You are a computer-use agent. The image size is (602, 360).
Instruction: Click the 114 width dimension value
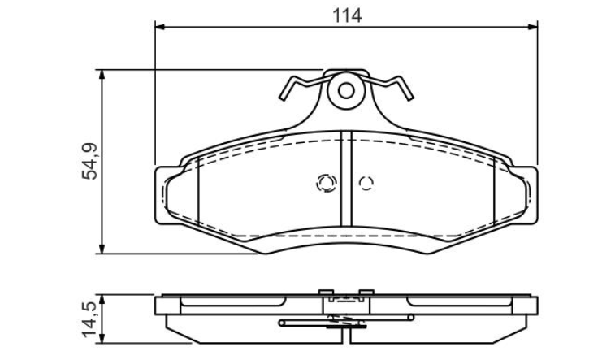(347, 15)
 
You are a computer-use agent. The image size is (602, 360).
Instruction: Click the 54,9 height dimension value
(91, 161)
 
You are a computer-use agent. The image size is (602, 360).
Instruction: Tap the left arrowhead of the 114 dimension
(159, 27)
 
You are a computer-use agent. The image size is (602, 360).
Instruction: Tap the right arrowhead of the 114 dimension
(533, 27)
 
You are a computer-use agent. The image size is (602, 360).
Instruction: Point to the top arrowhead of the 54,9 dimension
(102, 74)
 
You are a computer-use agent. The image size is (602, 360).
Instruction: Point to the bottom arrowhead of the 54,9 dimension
(102, 249)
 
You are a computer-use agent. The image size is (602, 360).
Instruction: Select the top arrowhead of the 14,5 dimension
(102, 299)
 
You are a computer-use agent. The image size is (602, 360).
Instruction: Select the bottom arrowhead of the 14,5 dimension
(102, 339)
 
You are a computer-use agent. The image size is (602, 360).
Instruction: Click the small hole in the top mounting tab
(346, 91)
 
